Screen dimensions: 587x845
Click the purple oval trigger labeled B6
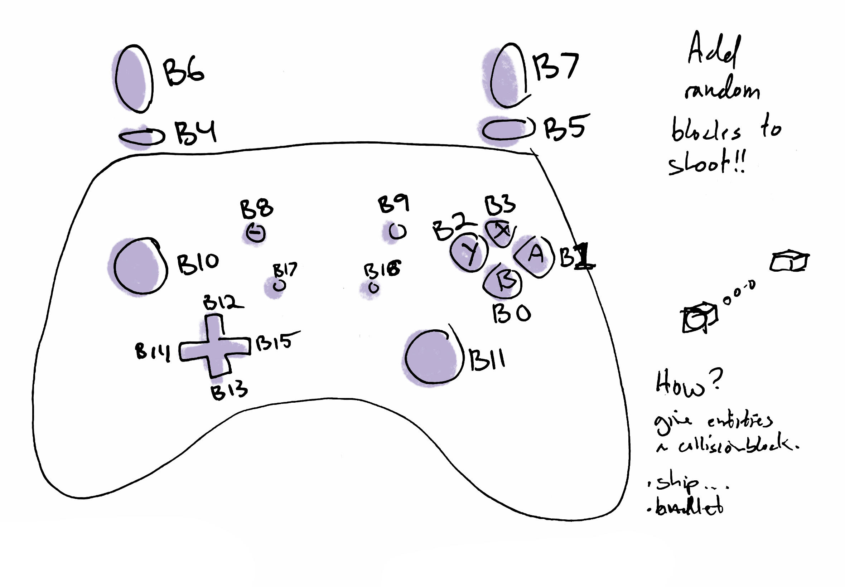coord(133,78)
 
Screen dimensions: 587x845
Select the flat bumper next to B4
coord(142,137)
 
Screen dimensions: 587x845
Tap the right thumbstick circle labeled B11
coord(433,357)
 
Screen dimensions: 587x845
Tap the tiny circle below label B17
coord(279,285)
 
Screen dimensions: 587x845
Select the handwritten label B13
coord(229,390)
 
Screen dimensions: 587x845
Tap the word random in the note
coord(722,89)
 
